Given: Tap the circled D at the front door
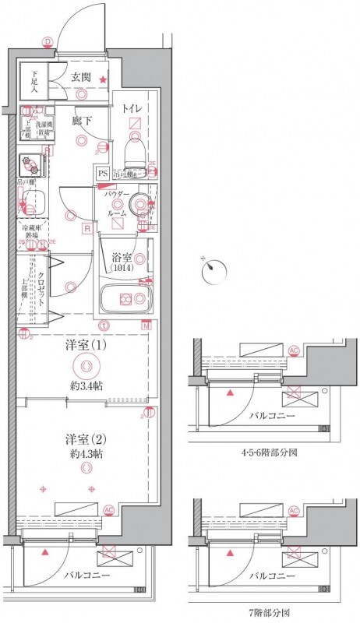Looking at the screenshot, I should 48,42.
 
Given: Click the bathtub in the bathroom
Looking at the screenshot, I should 127,299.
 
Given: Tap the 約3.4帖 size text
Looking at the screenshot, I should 86,386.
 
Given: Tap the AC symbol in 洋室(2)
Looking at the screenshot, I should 108,510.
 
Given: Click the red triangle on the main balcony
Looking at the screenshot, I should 47,552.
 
